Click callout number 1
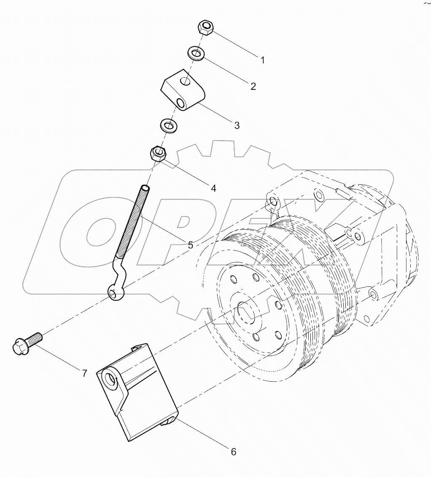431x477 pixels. click(262, 60)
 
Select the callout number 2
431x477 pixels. click(253, 86)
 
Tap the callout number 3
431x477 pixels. click(237, 125)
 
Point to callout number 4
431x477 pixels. click(213, 188)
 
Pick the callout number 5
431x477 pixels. click(190, 244)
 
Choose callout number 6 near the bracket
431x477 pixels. click(233, 452)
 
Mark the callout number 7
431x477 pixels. click(84, 373)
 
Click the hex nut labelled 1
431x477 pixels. click(205, 29)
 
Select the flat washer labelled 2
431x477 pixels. click(195, 54)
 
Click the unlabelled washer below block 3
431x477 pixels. click(168, 125)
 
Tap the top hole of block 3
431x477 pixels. click(185, 80)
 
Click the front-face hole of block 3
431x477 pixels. click(181, 103)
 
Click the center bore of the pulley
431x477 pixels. click(244, 311)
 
